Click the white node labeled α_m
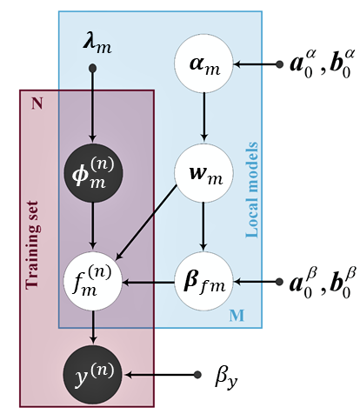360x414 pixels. coord(204,63)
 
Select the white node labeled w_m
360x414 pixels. coord(204,173)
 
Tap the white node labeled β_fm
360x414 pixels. coord(204,281)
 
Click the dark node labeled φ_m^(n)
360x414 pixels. coord(93,173)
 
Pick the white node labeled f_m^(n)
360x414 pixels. coord(93,281)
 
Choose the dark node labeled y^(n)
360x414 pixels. coord(93,375)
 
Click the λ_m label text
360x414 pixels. coord(97,45)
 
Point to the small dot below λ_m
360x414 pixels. coord(92,69)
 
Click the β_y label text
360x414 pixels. coord(226,377)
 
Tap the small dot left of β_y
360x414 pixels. coord(197,375)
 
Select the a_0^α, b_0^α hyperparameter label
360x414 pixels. coord(322,63)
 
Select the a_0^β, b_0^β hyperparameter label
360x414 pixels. coord(323,283)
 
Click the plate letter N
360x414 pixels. coord(37,103)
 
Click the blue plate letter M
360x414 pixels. coord(237,316)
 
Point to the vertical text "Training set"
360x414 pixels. coord(31,245)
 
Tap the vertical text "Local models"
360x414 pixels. coord(251,190)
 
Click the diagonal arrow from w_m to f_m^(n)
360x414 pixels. coord(146,223)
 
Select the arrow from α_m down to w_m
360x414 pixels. coord(204,117)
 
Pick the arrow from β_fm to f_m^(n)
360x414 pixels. coord(149,282)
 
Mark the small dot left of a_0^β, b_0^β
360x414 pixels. coord(279,282)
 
